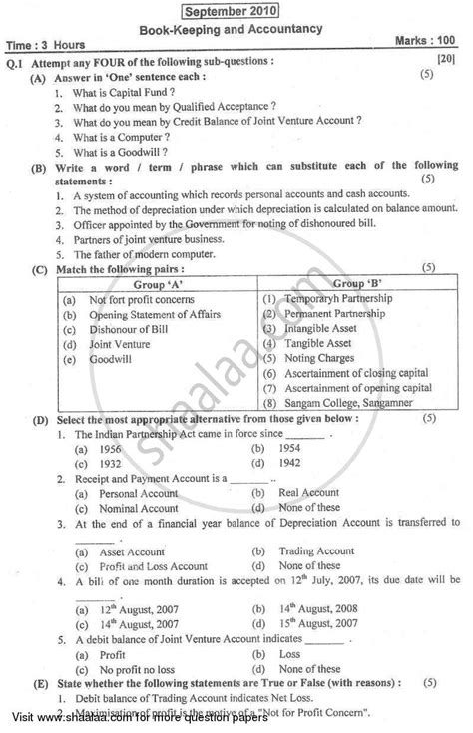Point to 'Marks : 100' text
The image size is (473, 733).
[x=424, y=43]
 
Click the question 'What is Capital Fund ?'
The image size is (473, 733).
[x=117, y=90]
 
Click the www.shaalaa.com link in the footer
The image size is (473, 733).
[x=124, y=720]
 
